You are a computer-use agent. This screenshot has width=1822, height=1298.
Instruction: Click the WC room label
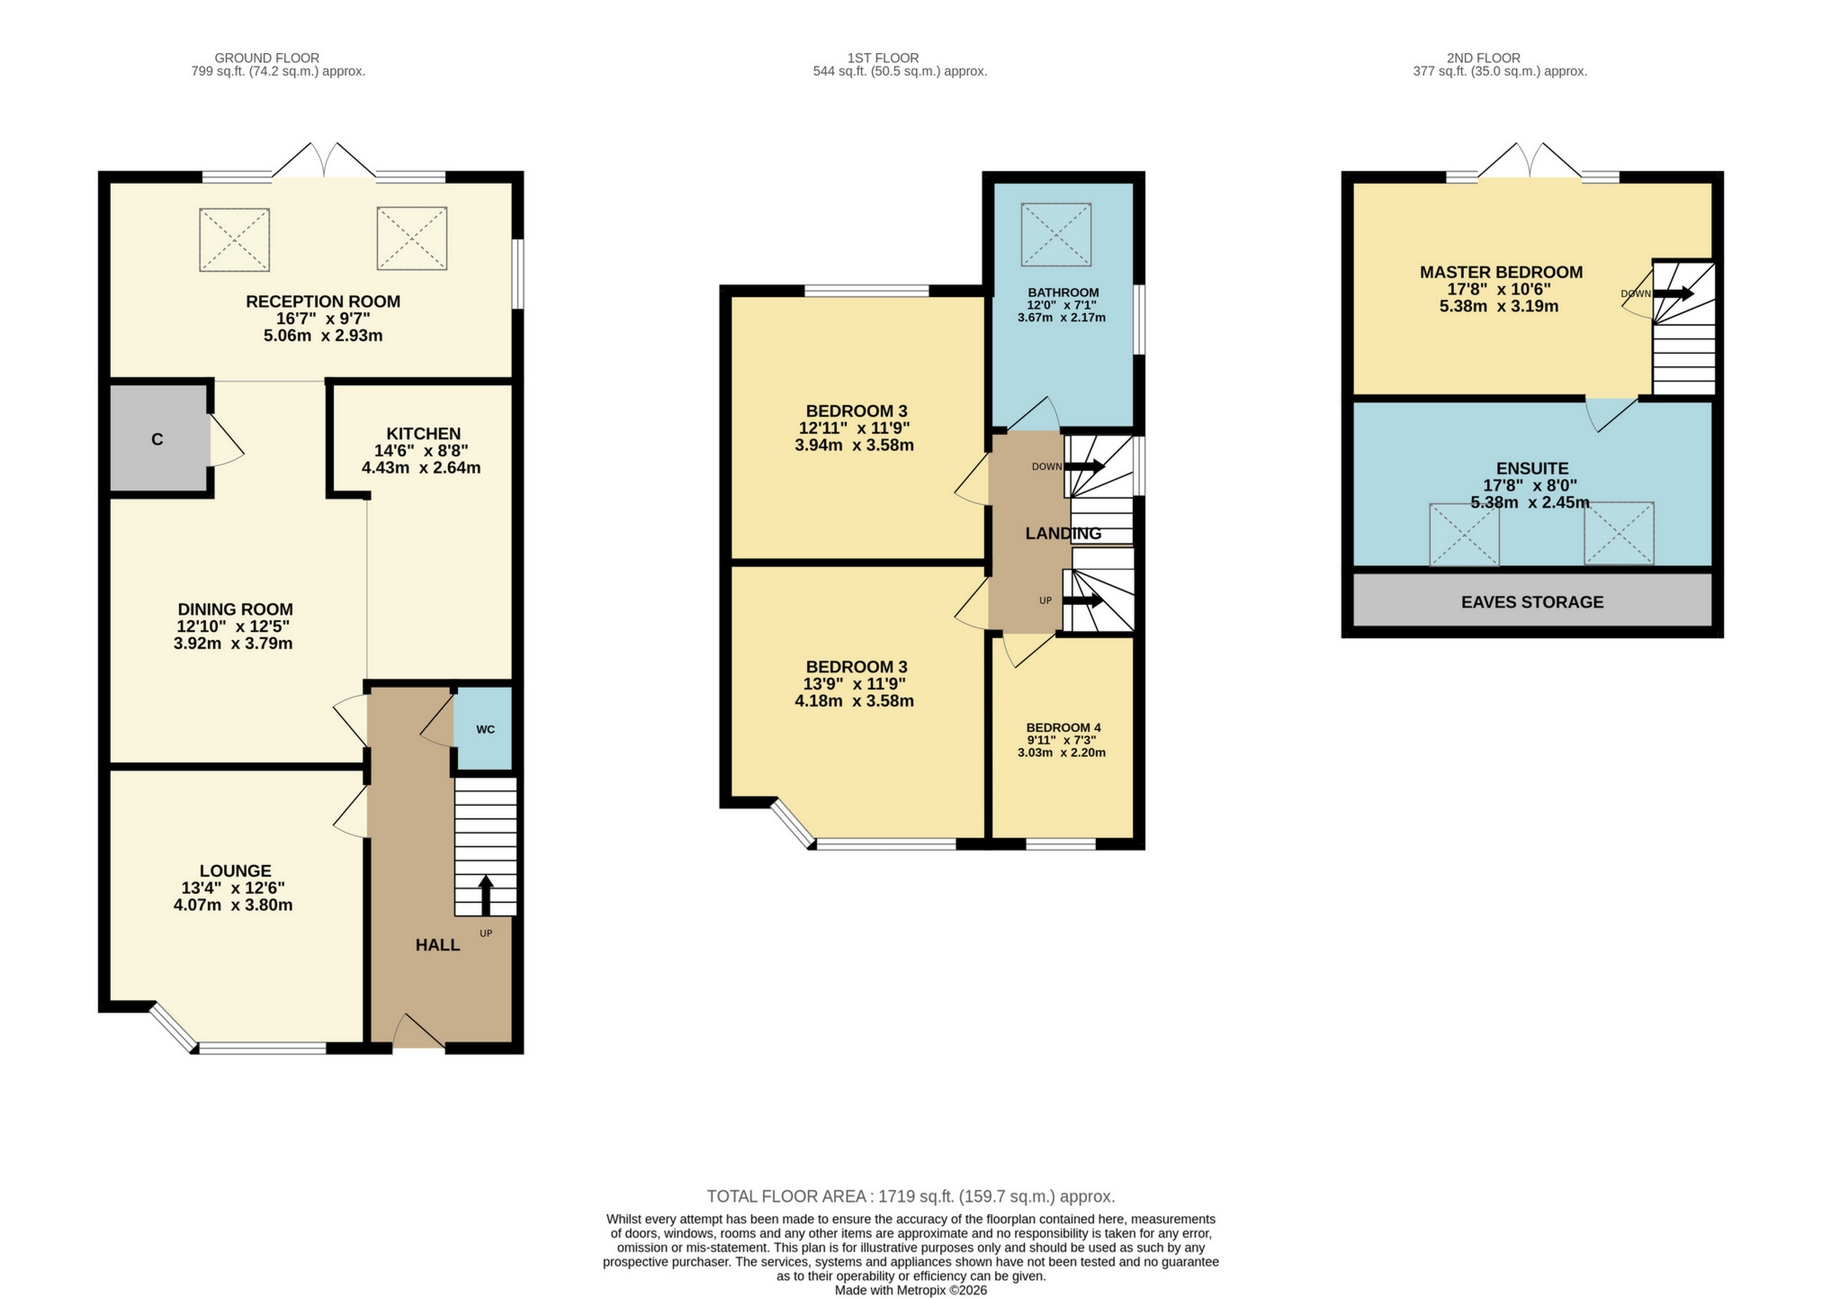tap(485, 729)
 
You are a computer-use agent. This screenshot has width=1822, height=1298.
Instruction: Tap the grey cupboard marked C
tap(158, 439)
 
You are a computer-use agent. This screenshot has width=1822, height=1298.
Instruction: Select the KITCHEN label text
tap(423, 434)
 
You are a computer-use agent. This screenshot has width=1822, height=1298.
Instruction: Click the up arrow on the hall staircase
tap(486, 895)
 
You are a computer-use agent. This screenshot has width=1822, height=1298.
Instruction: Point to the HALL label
tap(437, 944)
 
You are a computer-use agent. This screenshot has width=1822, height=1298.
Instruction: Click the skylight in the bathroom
tap(1056, 235)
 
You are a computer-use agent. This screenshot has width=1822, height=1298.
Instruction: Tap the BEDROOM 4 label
tap(1063, 727)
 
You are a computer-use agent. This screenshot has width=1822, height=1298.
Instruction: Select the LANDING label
tap(1063, 533)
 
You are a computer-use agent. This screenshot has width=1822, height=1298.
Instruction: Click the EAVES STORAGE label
tap(1531, 602)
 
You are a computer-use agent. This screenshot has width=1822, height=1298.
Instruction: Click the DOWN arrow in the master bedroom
tap(1672, 293)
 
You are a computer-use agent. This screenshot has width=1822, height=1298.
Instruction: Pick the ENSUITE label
tap(1531, 468)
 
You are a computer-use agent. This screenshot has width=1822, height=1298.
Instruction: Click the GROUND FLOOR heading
tap(266, 58)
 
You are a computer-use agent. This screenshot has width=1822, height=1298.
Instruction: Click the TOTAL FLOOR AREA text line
tap(910, 1196)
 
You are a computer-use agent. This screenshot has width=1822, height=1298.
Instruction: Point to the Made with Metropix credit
tap(910, 1290)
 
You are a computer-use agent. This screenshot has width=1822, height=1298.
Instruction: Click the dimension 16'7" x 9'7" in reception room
tap(323, 319)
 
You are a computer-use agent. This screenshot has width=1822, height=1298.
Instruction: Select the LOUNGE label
tap(235, 870)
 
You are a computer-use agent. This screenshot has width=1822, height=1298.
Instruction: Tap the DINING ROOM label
tap(235, 609)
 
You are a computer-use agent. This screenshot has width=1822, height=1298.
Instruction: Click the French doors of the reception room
tap(324, 162)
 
